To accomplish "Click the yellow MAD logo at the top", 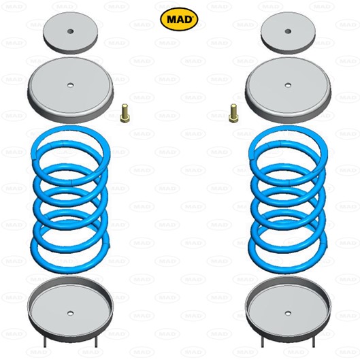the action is [x=179, y=19].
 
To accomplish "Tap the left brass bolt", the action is [x=125, y=113].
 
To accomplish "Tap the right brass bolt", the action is [x=233, y=113].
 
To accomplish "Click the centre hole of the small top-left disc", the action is [x=71, y=31].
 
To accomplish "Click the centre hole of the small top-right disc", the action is [x=288, y=31].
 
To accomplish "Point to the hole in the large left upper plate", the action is [x=70, y=86].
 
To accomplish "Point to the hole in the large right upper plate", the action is [x=288, y=86].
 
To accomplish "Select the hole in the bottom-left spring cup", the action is [x=70, y=313].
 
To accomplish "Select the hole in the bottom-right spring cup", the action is [x=288, y=313].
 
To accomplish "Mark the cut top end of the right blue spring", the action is [x=251, y=155].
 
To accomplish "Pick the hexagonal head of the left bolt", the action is [x=125, y=118].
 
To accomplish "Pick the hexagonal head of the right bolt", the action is [x=233, y=118].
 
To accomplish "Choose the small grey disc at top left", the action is [x=71, y=33].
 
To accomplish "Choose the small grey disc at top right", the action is [x=288, y=33].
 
